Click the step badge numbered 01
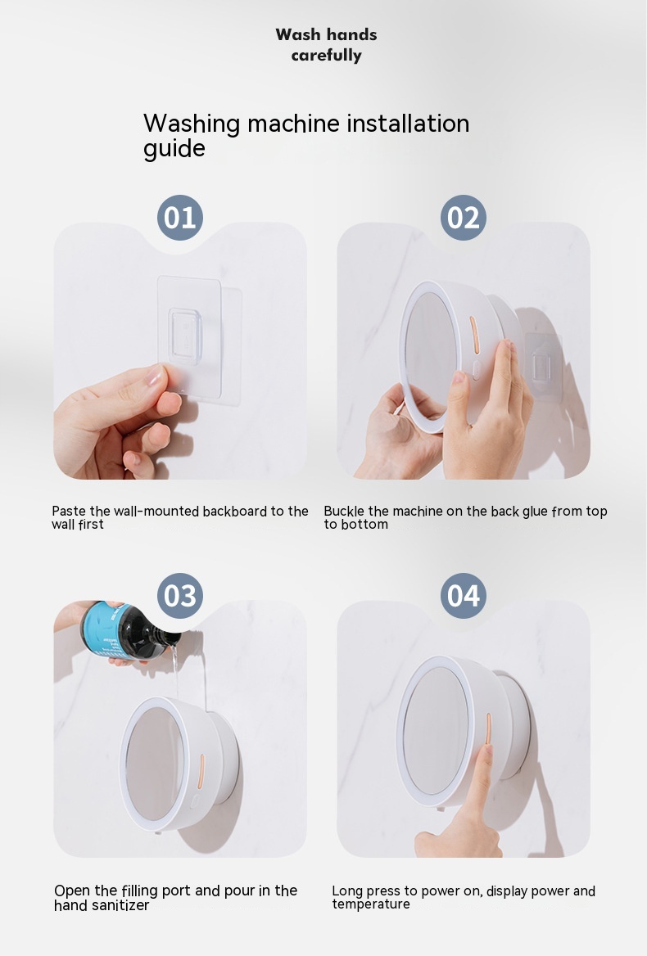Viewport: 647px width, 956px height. coord(180,218)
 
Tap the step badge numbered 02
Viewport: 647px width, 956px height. coord(464,218)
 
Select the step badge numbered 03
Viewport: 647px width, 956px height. coord(180,596)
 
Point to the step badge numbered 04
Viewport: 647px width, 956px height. coord(464,596)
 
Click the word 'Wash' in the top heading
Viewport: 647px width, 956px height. coord(297,34)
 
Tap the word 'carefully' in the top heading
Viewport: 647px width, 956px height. coord(326,56)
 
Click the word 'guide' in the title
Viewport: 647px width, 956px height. coord(174,149)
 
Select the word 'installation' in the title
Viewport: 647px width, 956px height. coord(408,123)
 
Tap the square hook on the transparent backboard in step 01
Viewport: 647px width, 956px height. coord(185,336)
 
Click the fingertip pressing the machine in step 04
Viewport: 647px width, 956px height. coord(486,750)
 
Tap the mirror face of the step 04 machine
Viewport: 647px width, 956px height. coord(434,730)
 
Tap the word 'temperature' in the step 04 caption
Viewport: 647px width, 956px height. coord(371,904)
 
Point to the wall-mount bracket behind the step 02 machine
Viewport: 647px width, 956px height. coord(543,364)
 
